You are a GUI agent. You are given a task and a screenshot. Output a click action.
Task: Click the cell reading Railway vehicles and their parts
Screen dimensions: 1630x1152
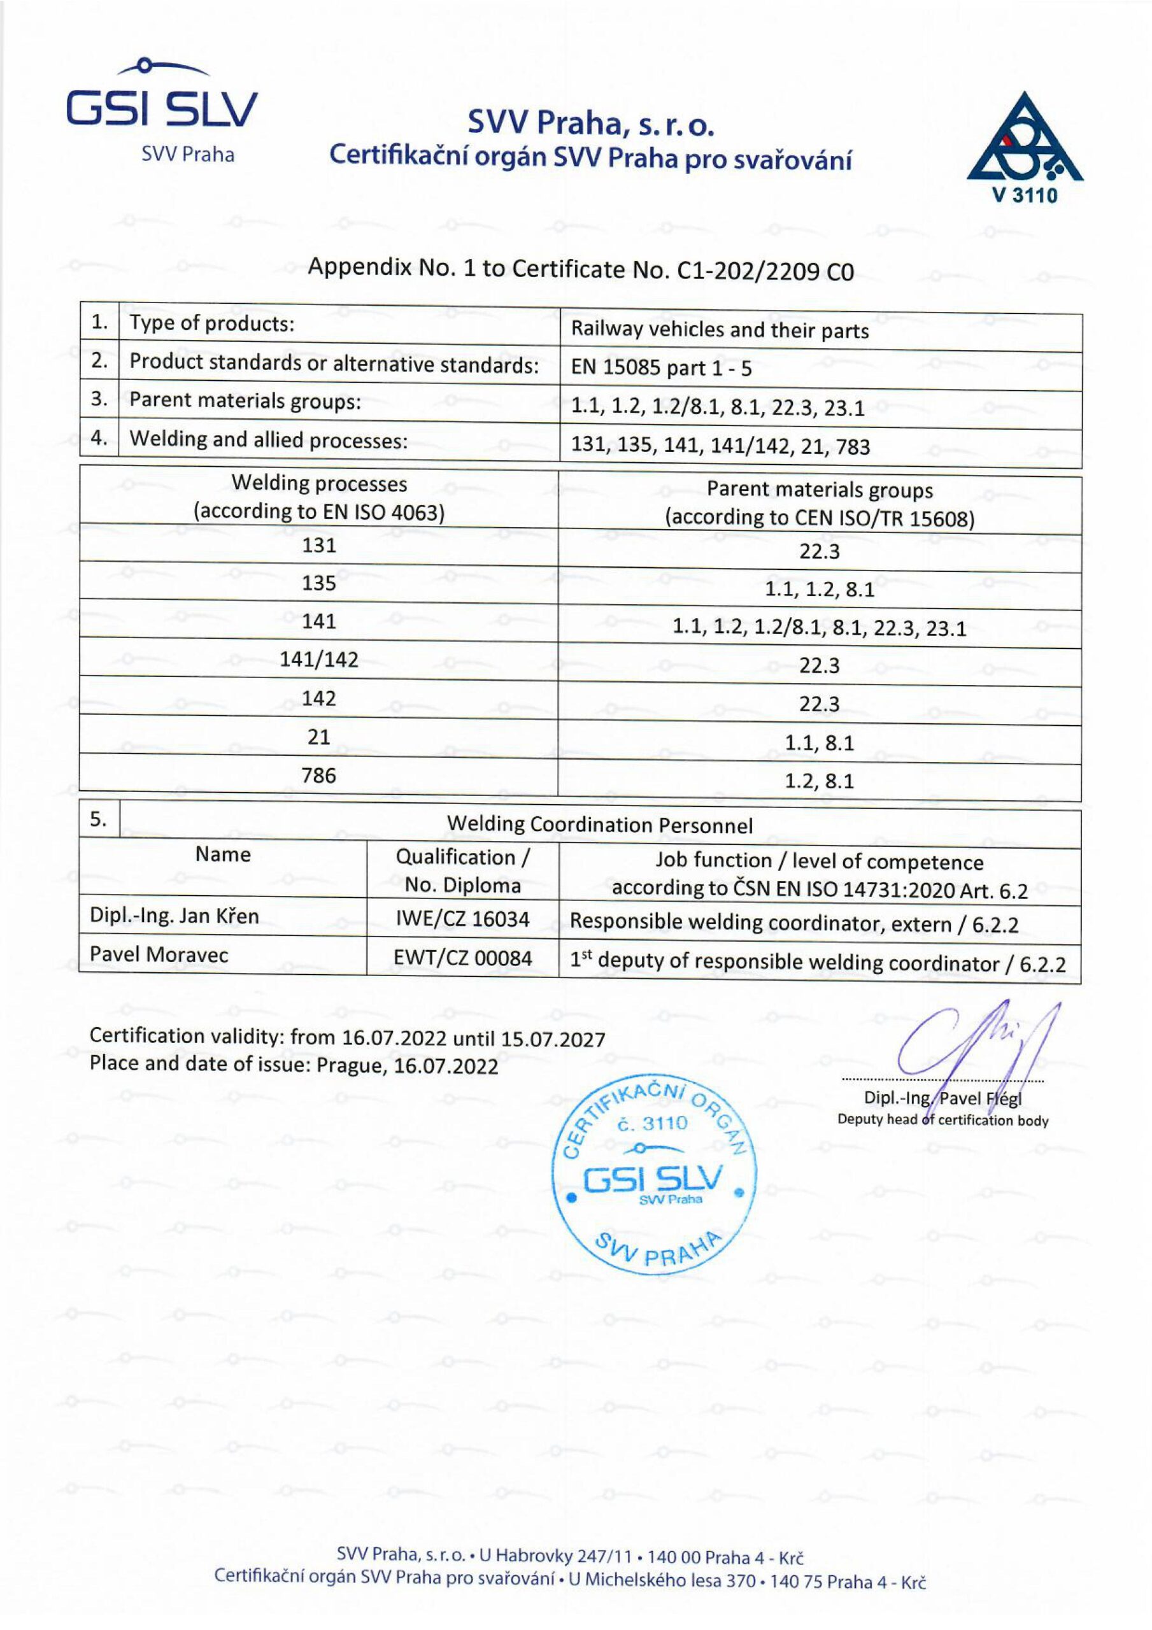(720, 331)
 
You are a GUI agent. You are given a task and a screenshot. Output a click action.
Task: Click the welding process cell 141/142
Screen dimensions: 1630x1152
(318, 660)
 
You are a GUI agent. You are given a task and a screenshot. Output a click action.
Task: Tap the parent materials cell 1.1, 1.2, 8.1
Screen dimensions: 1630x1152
(819, 590)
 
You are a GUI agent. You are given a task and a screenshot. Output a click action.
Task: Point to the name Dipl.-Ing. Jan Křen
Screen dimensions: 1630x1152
(174, 916)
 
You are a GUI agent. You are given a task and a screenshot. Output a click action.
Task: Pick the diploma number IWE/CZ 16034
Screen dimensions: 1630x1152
(462, 919)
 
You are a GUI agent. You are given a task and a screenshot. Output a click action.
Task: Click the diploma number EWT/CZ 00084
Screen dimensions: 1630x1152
(462, 958)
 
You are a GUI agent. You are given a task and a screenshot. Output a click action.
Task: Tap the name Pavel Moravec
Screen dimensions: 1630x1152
(159, 954)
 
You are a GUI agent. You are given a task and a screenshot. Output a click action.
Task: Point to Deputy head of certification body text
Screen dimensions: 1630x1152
(942, 1120)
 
